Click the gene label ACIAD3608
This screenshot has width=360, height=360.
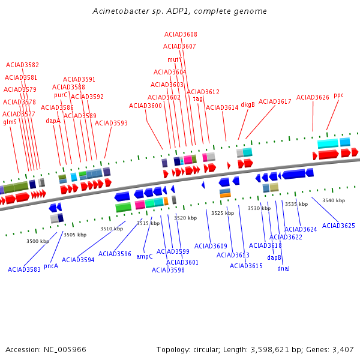tap(181, 34)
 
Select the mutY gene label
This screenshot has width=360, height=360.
tap(175, 59)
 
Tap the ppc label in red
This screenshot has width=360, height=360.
tap(338, 95)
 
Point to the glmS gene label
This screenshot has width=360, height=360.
tap(10, 122)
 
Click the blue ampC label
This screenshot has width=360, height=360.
tap(145, 256)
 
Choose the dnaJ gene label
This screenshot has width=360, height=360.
tap(283, 268)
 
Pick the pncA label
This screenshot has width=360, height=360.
tap(51, 266)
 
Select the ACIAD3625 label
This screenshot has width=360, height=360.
tap(338, 226)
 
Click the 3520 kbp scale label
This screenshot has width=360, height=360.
tap(185, 218)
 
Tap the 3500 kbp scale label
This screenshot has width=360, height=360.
tap(38, 241)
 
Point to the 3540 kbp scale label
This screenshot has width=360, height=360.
tap(334, 200)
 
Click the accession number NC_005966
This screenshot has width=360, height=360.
tap(65, 350)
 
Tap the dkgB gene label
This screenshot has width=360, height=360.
tap(248, 104)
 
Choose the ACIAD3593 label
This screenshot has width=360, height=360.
tap(111, 123)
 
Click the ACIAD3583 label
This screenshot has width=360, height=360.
tap(24, 269)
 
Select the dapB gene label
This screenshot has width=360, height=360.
tap(274, 257)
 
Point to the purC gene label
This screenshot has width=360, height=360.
tap(61, 95)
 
